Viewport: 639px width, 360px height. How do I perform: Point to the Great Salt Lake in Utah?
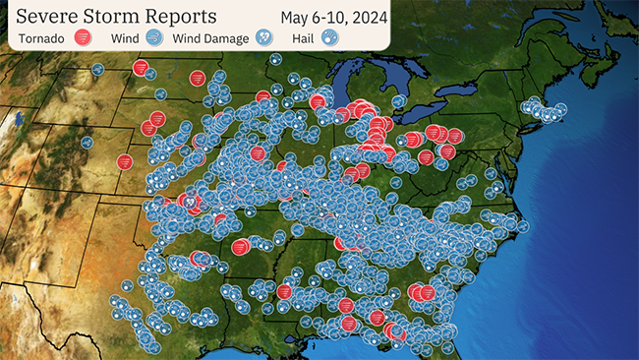tap(19, 122)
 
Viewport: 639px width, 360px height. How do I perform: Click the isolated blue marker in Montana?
tap(97, 70)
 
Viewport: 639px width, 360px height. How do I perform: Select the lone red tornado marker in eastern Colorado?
tap(125, 161)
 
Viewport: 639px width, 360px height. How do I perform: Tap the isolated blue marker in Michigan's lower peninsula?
tap(398, 100)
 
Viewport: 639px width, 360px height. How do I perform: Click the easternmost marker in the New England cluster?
tap(560, 109)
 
